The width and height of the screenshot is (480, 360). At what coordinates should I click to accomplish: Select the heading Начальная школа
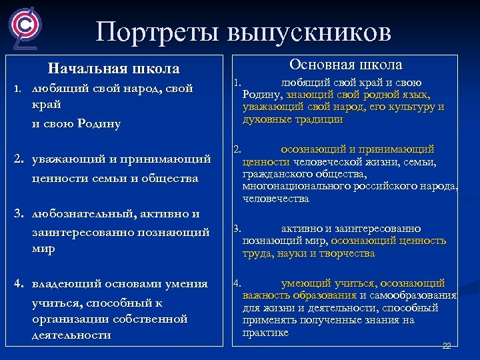[x=114, y=69]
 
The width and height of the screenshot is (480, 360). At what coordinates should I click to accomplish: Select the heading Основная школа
[x=345, y=65]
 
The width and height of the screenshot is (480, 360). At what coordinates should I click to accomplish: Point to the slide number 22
[x=447, y=346]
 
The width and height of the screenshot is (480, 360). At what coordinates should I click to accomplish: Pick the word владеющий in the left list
[x=66, y=283]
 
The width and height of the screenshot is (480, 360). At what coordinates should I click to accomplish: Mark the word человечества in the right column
[x=276, y=198]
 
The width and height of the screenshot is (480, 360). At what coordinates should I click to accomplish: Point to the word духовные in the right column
[x=265, y=120]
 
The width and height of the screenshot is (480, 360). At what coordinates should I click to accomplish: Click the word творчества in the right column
[x=347, y=253]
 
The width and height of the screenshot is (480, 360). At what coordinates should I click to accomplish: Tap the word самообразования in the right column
[x=415, y=295]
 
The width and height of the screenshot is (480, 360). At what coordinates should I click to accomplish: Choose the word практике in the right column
[x=265, y=332]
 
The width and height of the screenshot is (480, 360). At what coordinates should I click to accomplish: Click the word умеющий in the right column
[x=303, y=283]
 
